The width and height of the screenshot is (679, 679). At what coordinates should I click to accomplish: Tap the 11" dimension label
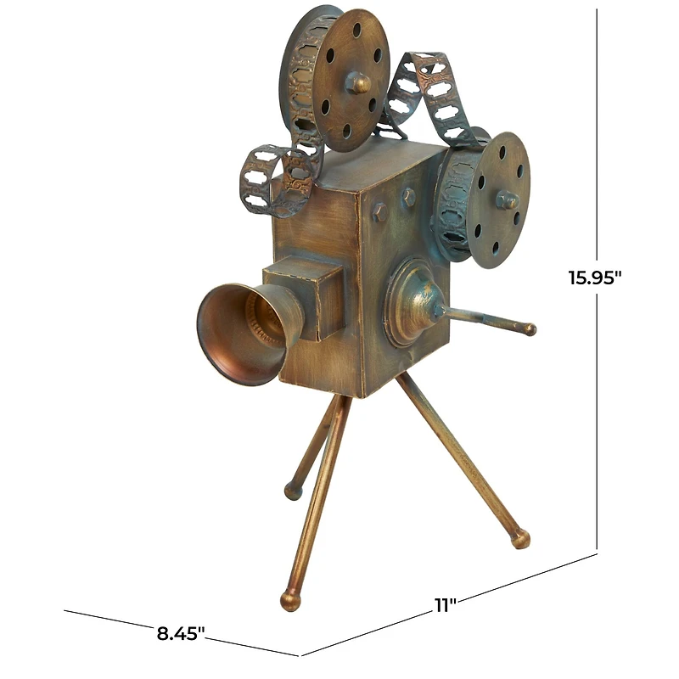(446, 604)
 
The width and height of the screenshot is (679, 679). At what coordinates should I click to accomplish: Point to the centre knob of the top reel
(358, 82)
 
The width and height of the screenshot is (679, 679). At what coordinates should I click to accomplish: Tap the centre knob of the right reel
(507, 200)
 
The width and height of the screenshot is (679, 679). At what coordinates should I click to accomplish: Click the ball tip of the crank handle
(530, 328)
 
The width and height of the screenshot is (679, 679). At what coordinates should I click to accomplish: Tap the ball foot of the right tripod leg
(519, 538)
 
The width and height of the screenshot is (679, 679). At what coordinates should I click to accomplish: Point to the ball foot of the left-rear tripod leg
(294, 490)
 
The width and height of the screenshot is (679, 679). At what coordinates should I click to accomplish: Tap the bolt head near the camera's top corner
(408, 196)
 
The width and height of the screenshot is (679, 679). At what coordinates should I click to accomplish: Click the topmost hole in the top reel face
(357, 31)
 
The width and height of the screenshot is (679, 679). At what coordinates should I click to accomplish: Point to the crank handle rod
(488, 320)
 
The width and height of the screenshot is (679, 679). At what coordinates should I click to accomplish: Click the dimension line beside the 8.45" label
(110, 619)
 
